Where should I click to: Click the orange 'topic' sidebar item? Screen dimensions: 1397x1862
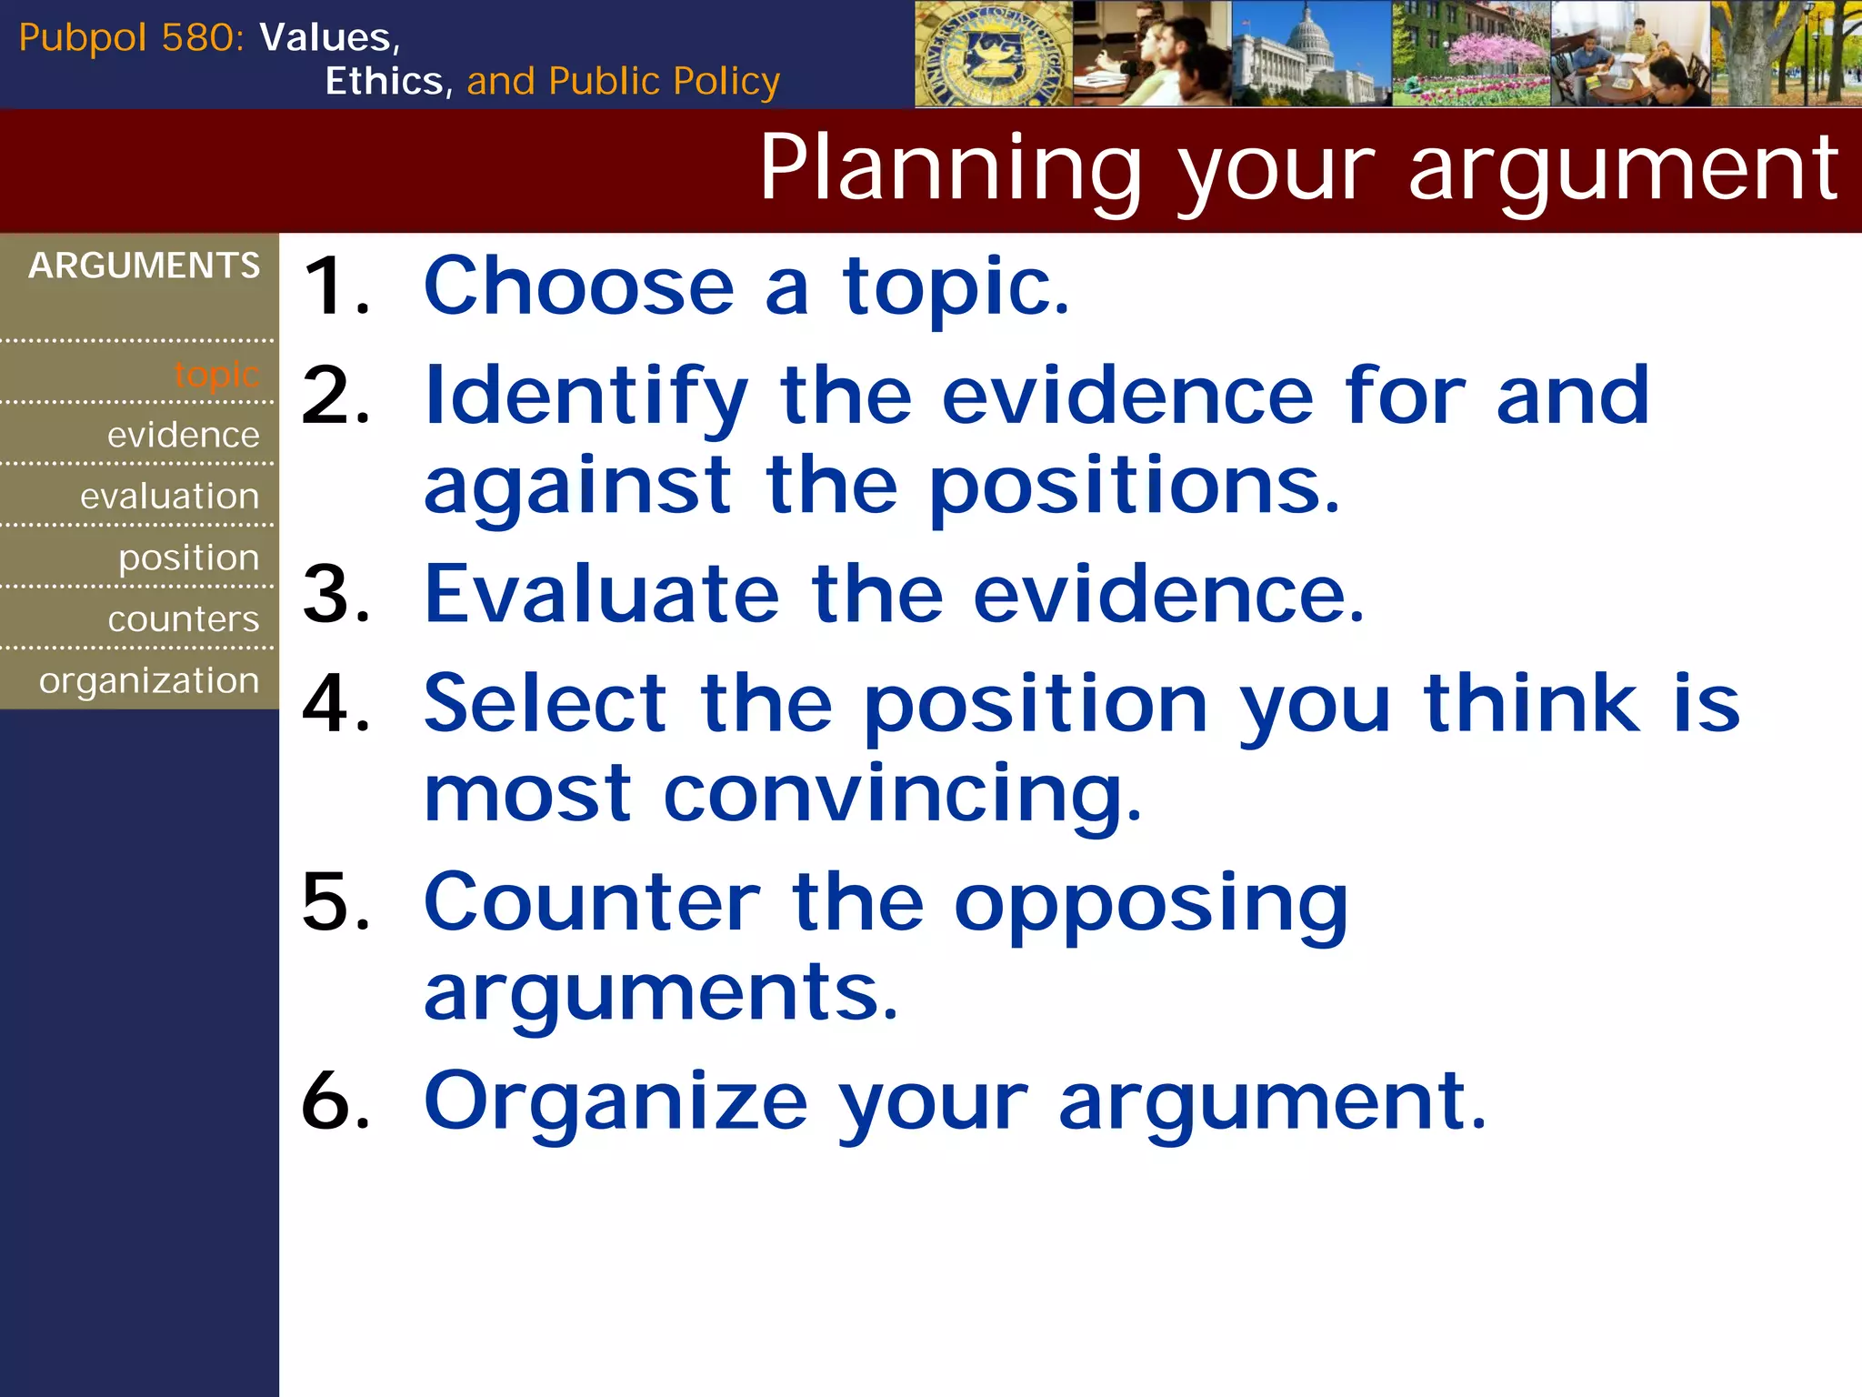click(x=216, y=374)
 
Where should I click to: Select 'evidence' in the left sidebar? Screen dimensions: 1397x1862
click(x=183, y=435)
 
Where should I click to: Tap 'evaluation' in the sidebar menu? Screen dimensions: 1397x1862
click(x=169, y=496)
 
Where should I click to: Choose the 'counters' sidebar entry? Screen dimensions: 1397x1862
click(x=183, y=618)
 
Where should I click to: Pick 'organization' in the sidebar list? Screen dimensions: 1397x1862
click(x=149, y=680)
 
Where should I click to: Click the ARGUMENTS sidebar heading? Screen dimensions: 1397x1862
click(x=144, y=266)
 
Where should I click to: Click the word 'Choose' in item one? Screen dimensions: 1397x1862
click(x=578, y=286)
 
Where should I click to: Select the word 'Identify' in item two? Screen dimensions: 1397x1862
click(x=586, y=397)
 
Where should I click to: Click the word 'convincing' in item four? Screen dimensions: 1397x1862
click(x=901, y=794)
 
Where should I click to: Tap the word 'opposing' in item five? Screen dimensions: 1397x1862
click(x=1150, y=904)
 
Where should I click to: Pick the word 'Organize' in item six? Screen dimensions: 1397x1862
click(x=616, y=1101)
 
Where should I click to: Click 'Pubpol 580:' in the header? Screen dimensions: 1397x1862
click(x=131, y=38)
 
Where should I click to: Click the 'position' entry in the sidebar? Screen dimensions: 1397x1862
click(x=188, y=558)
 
